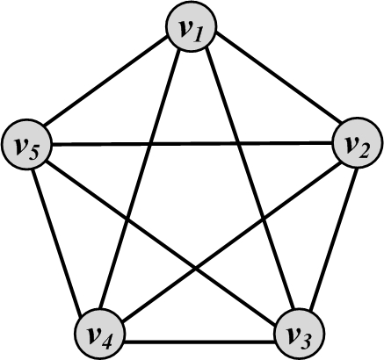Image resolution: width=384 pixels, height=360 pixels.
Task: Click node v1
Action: (x=192, y=26)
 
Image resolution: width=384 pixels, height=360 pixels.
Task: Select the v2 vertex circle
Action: (x=358, y=143)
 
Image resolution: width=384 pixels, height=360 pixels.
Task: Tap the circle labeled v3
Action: (x=300, y=334)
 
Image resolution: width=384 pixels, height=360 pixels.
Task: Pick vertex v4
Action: (x=100, y=334)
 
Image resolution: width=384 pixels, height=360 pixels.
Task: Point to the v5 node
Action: (x=26, y=144)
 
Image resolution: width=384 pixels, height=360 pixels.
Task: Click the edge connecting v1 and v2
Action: (x=279, y=78)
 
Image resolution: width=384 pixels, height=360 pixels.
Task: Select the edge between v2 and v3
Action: (x=334, y=238)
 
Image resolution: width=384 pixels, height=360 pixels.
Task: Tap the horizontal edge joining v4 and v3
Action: (x=199, y=342)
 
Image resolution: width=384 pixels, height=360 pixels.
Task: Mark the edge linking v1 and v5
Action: (x=105, y=81)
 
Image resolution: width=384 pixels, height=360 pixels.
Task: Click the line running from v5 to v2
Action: (x=192, y=144)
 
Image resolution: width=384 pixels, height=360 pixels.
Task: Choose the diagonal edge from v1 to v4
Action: (x=139, y=179)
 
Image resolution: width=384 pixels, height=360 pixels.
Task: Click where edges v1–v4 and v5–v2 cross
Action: (x=150, y=144)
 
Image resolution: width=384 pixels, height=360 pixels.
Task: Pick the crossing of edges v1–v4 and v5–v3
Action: (x=127, y=218)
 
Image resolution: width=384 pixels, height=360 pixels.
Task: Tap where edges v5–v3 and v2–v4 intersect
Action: (x=195, y=267)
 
